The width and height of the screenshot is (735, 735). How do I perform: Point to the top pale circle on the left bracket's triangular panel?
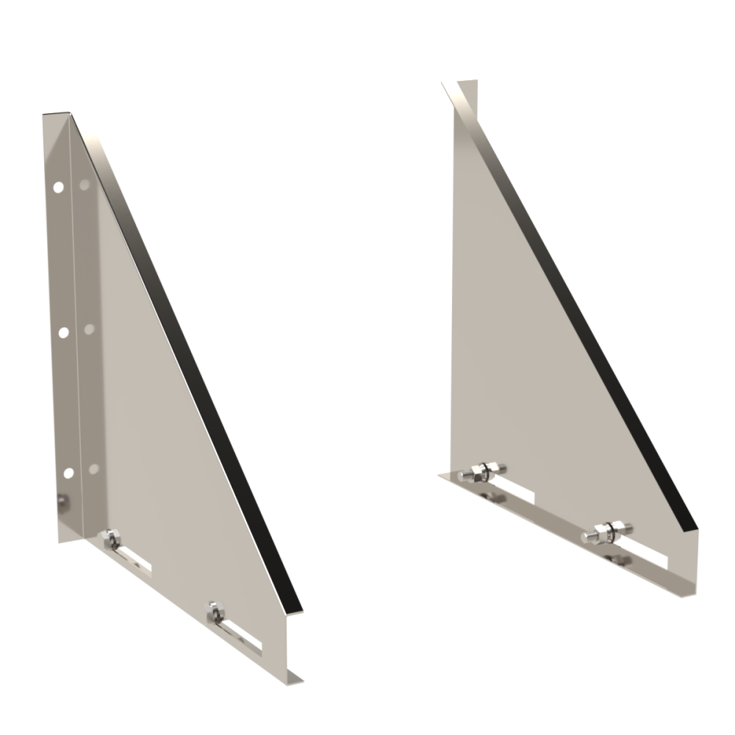coord(85,184)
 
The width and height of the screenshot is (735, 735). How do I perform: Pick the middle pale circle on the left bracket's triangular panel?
coord(90,328)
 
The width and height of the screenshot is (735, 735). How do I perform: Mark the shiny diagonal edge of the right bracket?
coord(573,309)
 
